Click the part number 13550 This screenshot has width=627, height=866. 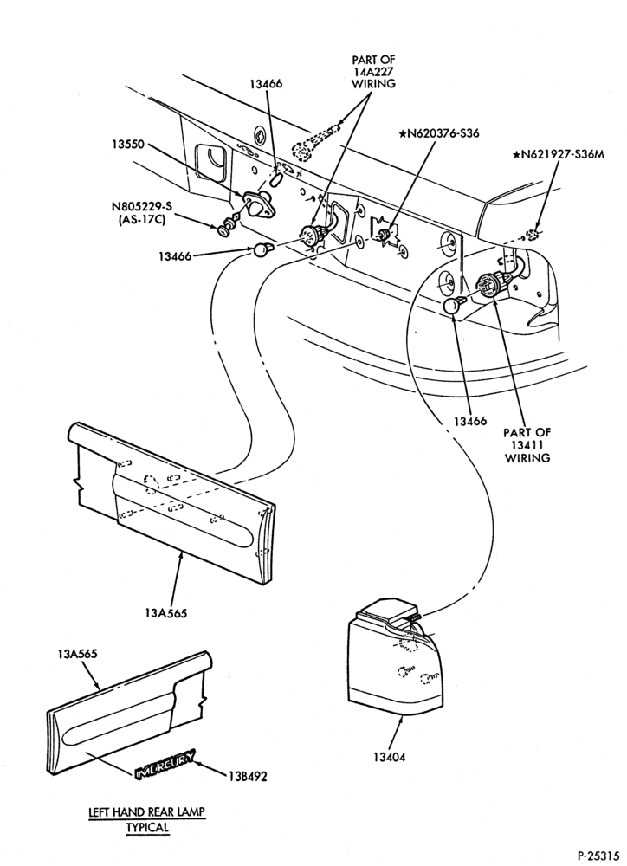(x=127, y=145)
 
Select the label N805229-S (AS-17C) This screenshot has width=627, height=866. (x=142, y=213)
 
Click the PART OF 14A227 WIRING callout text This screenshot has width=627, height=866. (x=374, y=72)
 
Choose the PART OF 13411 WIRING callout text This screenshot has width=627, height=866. (x=527, y=445)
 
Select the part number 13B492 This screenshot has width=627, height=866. (x=246, y=777)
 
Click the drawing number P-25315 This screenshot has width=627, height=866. (x=598, y=855)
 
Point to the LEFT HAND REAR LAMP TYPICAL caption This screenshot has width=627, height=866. (x=146, y=819)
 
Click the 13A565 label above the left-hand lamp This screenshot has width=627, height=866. (x=77, y=654)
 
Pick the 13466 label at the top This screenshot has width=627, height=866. (x=265, y=83)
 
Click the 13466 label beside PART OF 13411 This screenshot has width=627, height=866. (x=470, y=421)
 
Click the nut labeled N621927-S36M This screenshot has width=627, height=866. (x=533, y=235)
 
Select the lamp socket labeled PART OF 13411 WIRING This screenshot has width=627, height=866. (x=493, y=284)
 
